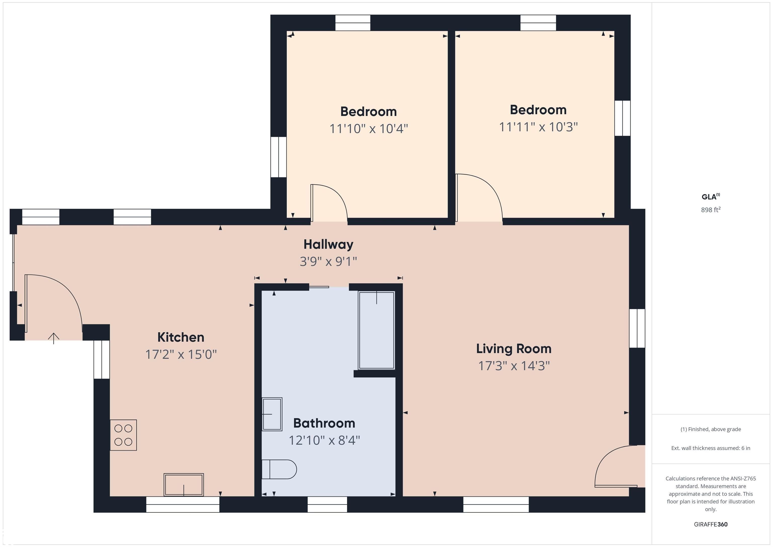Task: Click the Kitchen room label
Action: (x=181, y=337)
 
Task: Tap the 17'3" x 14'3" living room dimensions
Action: (x=514, y=366)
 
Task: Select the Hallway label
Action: (x=328, y=244)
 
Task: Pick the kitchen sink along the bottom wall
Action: (x=183, y=485)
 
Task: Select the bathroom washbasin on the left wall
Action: (x=272, y=414)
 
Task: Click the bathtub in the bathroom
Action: (x=376, y=330)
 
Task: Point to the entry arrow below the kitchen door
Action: (x=54, y=338)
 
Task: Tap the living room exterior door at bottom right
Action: (x=616, y=468)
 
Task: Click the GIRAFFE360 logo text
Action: (x=710, y=524)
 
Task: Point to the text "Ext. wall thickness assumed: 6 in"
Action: (x=710, y=448)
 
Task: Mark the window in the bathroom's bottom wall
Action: (x=327, y=504)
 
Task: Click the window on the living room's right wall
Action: (x=637, y=328)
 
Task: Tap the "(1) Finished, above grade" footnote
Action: (x=710, y=429)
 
